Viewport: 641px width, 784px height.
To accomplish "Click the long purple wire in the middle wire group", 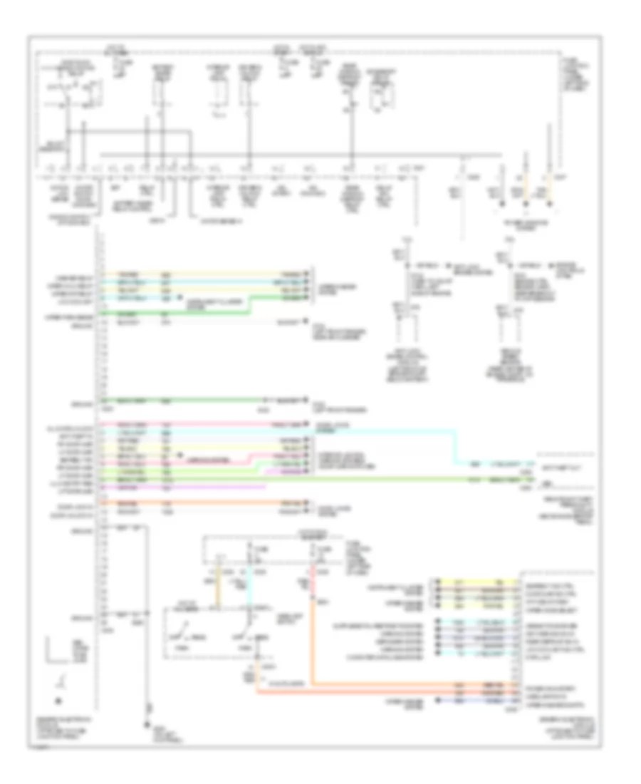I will click(185, 488).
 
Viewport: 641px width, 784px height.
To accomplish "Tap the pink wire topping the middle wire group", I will click(199, 425).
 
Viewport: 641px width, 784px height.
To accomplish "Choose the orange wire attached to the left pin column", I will click(199, 503).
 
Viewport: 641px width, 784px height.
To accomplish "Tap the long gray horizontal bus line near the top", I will click(299, 154).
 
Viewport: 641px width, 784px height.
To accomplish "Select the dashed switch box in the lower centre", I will click(214, 634).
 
